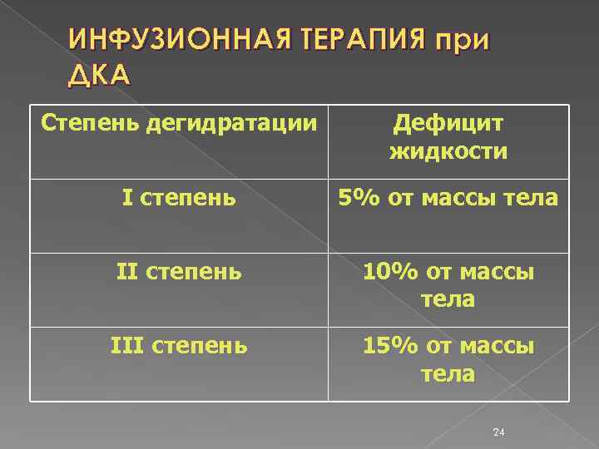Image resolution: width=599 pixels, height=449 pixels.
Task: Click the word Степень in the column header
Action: pyautogui.click(x=91, y=126)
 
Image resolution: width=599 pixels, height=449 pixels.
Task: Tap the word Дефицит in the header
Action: pyautogui.click(x=448, y=126)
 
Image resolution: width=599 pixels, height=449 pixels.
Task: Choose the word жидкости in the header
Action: pyautogui.click(x=448, y=152)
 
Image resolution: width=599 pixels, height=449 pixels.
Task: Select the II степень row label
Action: pyautogui.click(x=180, y=272)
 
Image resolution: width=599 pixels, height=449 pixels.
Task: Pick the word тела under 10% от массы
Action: pyautogui.click(x=448, y=299)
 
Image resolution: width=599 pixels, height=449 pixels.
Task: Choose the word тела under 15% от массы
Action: pyautogui.click(x=448, y=373)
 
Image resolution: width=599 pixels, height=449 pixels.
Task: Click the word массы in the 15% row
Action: pyautogui.click(x=499, y=345)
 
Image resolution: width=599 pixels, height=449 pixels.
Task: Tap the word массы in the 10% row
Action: pyautogui.click(x=499, y=272)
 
